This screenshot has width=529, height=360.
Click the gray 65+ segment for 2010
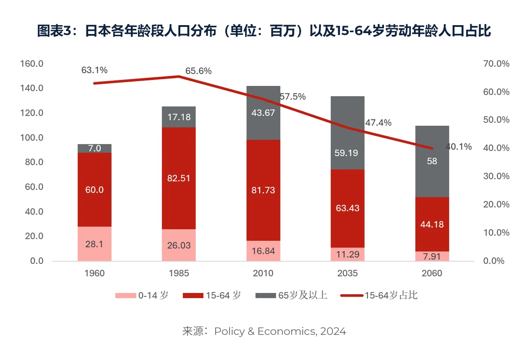pos(264,113)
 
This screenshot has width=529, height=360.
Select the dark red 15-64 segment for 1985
pos(179,178)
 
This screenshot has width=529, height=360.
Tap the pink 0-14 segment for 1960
pos(94,244)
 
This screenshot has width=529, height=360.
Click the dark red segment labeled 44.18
pos(432,224)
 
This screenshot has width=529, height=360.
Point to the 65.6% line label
pos(198,71)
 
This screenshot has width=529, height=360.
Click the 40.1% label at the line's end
pos(458,147)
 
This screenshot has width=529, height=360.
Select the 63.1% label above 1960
pos(94,70)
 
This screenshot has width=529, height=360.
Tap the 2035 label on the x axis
pos(348,273)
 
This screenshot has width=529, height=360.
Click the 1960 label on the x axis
pos(94,273)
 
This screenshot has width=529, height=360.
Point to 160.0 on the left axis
pos(32,64)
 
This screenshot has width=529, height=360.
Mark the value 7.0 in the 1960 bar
pos(94,148)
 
